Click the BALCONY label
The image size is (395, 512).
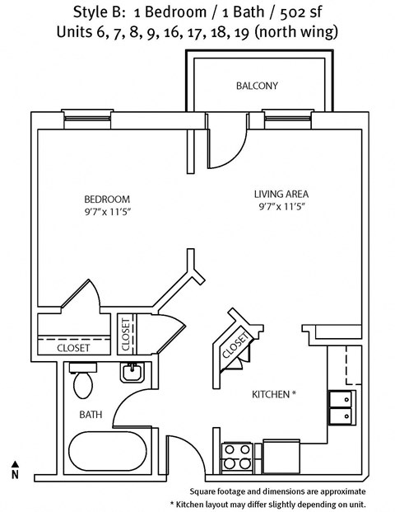[257, 86]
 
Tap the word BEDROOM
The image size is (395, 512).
[108, 199]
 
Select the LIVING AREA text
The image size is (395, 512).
[281, 195]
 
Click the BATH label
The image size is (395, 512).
[90, 414]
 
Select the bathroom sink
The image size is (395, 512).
[131, 373]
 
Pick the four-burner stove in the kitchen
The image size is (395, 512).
[237, 456]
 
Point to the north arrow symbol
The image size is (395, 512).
[14, 469]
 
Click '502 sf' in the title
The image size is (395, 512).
[290, 12]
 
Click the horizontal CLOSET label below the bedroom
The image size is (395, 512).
[73, 348]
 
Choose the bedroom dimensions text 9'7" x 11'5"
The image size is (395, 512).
[108, 213]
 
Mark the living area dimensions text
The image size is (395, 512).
[281, 209]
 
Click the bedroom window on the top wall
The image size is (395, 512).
[87, 117]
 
